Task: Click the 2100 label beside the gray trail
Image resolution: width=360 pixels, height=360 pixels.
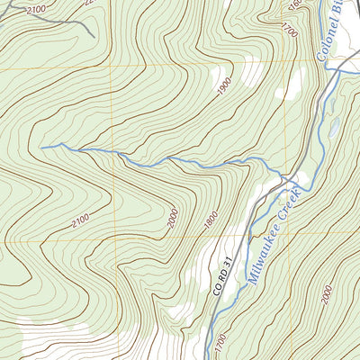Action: (36, 9)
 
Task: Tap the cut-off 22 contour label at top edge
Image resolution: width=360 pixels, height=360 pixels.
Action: (88, 4)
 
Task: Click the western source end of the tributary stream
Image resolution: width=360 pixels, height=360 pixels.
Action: (41, 148)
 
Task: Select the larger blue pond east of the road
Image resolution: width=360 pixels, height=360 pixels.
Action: (334, 129)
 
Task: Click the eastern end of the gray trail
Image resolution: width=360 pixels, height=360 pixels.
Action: (94, 36)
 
